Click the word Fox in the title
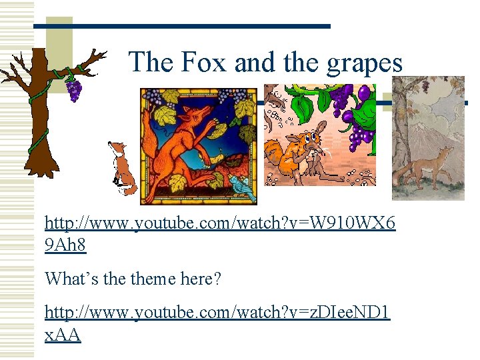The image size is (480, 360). point(197,63)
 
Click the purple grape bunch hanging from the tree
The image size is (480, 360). point(73,89)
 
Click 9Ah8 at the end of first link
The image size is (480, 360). point(65,246)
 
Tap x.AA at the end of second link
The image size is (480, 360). point(63,335)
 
